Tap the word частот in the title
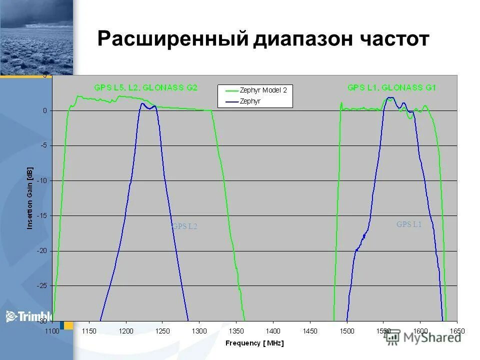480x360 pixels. coord(390,39)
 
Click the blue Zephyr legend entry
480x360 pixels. coord(250,101)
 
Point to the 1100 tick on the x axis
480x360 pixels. coord(52,331)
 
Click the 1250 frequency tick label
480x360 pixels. coord(162,331)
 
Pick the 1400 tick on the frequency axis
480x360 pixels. coord(273,331)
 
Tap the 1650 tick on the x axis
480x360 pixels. coord(456,331)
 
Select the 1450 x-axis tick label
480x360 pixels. coord(310,331)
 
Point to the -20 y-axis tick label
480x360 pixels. coord(42,250)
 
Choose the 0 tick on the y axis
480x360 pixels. coord(44,110)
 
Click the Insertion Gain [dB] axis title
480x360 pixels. coord(29,198)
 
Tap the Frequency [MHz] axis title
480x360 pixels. coord(254,343)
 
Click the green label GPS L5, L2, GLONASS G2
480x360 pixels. coord(145,87)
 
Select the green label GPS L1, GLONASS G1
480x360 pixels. coord(392,87)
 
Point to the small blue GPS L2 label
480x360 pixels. coord(185,226)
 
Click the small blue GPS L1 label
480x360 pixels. coord(409,224)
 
